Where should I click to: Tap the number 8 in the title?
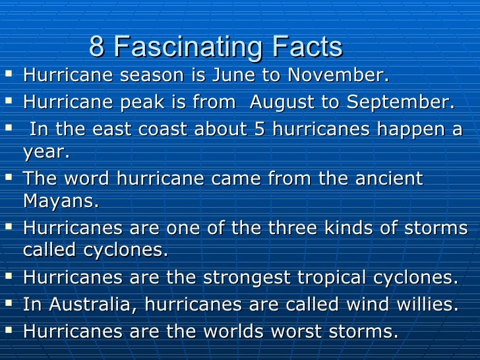(x=97, y=47)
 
